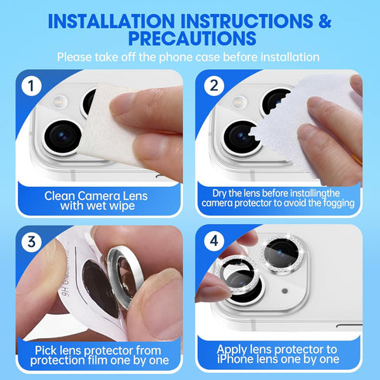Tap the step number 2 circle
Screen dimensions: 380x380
214,86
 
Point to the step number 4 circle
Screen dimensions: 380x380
214,241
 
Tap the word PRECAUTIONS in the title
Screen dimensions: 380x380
190,39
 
